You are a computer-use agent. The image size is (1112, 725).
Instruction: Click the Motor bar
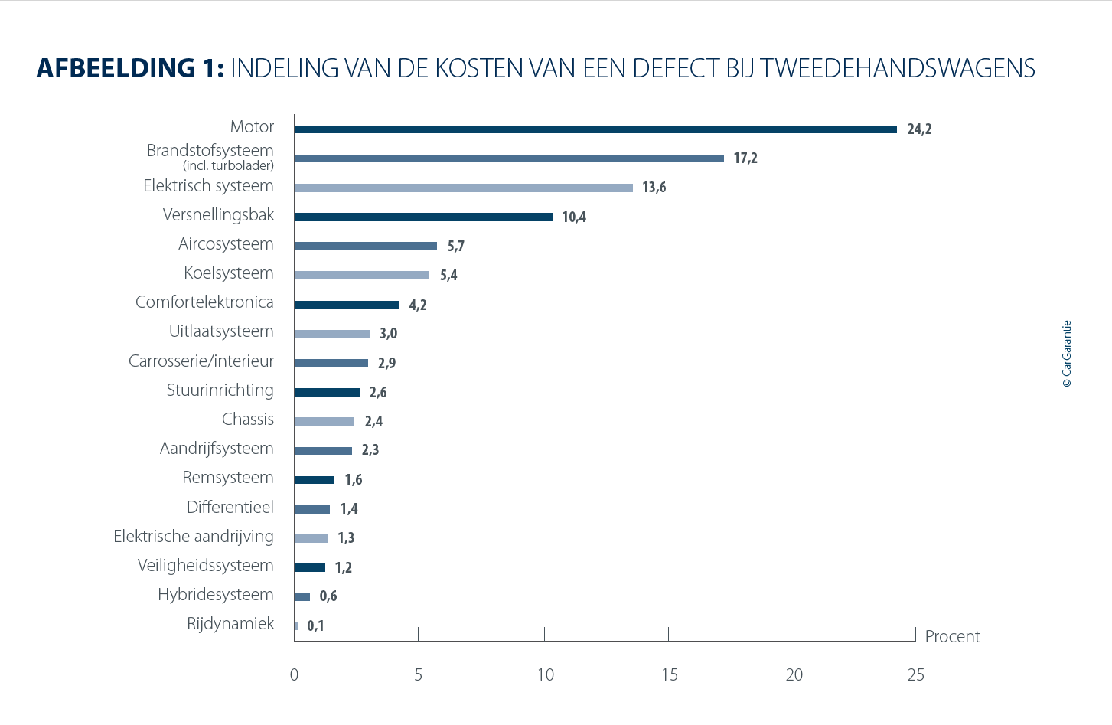[595, 129]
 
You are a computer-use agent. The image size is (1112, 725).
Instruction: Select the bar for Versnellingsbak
[423, 217]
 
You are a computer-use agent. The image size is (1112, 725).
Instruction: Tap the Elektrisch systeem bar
[463, 188]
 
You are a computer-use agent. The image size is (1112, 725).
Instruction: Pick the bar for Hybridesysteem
[302, 597]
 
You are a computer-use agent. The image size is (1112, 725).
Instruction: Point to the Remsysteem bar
[315, 480]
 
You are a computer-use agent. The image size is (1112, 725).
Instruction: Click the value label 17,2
[745, 158]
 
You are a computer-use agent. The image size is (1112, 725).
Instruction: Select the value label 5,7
[456, 247]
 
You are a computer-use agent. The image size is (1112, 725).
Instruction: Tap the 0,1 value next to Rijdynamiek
[315, 626]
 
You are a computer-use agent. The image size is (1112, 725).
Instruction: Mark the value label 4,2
[418, 305]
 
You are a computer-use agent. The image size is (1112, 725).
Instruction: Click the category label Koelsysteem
[229, 273]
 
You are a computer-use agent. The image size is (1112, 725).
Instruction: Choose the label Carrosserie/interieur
[201, 361]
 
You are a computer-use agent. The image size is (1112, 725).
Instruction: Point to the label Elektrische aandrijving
[194, 537]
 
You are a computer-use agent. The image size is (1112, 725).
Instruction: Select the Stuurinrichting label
[220, 390]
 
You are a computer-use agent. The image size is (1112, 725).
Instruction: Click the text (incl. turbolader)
[228, 165]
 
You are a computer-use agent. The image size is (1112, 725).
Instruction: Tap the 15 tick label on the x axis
[670, 675]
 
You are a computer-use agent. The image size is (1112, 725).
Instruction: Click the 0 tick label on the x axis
[295, 675]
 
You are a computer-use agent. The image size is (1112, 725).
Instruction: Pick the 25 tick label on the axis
[916, 675]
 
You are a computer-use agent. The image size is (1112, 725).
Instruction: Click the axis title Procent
[952, 637]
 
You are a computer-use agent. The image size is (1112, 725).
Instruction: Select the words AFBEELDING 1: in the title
[130, 69]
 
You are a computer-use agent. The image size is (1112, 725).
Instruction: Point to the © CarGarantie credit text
[1067, 354]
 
